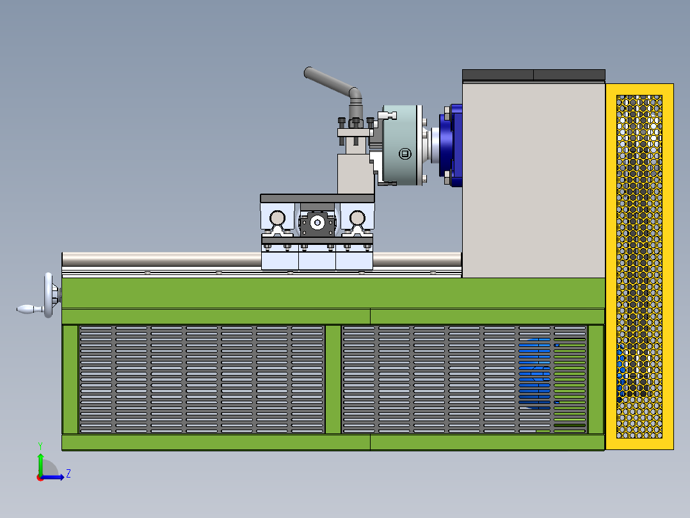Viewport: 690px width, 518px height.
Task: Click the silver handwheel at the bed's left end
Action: point(49,295)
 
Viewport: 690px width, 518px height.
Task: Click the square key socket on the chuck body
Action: point(404,154)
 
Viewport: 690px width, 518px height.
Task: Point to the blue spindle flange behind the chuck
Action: point(455,146)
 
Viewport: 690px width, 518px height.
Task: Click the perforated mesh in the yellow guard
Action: point(639,266)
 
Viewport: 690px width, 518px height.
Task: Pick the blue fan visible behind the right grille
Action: point(535,373)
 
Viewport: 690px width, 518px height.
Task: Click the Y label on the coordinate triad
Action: point(40,445)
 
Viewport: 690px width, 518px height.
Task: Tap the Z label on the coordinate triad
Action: point(68,474)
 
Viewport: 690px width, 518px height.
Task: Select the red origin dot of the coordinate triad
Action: point(40,477)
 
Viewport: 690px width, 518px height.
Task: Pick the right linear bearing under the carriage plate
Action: point(357,219)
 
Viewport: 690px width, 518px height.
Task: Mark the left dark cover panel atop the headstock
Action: point(497,75)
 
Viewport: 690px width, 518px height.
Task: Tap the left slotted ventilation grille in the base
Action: point(202,379)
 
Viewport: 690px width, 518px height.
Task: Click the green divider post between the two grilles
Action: point(333,379)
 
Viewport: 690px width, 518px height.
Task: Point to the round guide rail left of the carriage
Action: point(160,259)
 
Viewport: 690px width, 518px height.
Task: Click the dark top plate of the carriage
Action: point(317,198)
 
